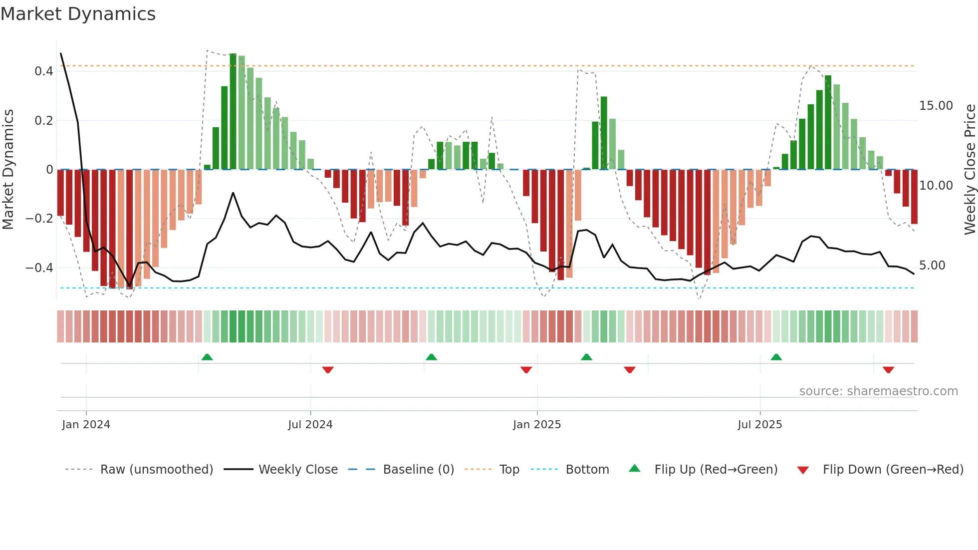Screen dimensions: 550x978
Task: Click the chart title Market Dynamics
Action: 78,14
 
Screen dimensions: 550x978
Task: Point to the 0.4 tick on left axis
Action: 44,71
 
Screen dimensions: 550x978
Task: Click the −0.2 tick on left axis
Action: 39,219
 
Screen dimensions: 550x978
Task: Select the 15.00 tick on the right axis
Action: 936,106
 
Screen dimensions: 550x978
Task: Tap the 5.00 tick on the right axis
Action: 932,266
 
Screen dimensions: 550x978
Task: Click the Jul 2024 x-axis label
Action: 310,425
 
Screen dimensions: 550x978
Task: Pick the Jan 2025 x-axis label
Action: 537,425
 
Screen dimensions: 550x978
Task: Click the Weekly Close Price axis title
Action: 970,170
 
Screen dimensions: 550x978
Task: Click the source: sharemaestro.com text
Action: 878,391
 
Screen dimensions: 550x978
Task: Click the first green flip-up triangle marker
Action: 207,357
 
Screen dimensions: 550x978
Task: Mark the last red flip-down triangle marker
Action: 888,370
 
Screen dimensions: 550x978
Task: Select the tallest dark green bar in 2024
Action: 233,111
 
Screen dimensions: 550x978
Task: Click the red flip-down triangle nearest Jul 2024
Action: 328,370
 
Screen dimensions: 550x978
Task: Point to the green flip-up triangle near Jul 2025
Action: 776,357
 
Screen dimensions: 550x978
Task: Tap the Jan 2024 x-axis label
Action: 86,425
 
